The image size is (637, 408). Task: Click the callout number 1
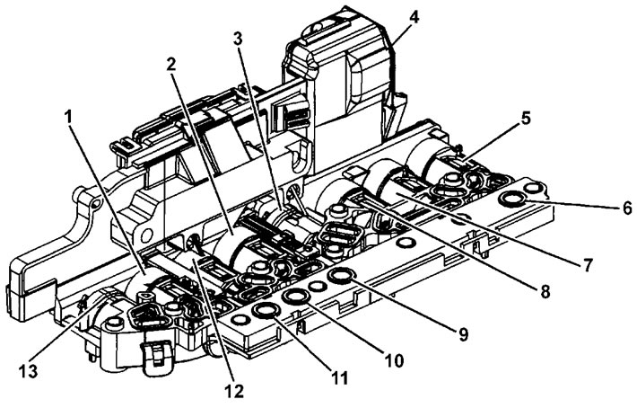[x=69, y=119]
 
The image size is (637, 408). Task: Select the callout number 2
[x=170, y=65]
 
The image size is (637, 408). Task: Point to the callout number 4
[x=414, y=18]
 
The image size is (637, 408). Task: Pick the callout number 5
[x=525, y=119]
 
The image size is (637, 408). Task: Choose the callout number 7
[x=586, y=264]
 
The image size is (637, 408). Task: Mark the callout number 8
[x=545, y=291]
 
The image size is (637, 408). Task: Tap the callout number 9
[x=463, y=333]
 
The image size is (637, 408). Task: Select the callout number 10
[x=395, y=360]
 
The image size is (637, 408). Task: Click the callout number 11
[x=338, y=378]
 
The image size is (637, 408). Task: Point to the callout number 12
[x=234, y=391]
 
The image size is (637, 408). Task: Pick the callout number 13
[x=29, y=370]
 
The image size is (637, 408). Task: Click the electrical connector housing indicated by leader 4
[x=341, y=73]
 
